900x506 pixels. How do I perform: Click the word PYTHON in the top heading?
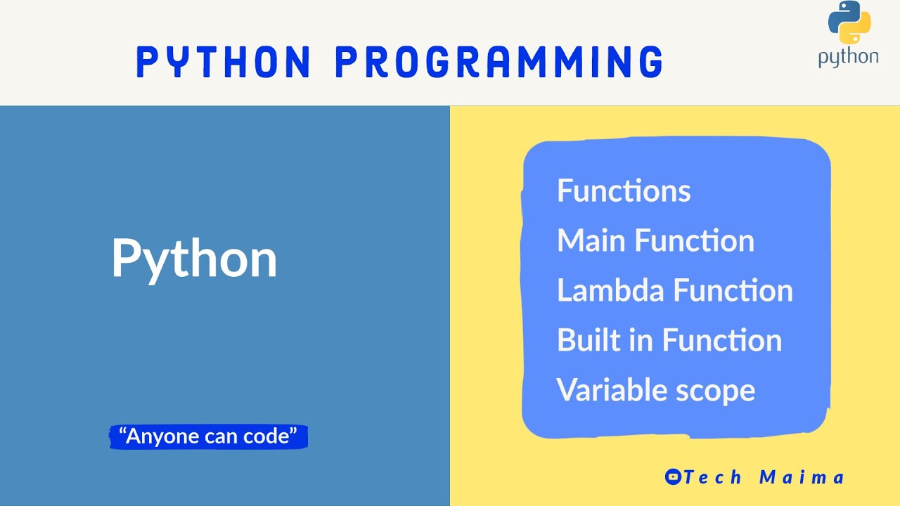click(x=224, y=62)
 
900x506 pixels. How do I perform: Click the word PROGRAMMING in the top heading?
click(x=499, y=62)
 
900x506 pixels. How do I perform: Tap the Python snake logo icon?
click(x=849, y=24)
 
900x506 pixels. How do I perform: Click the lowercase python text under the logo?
click(x=848, y=58)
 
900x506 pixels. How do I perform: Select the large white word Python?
click(x=194, y=259)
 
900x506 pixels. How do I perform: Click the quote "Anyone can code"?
click(x=209, y=436)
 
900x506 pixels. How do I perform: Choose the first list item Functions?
click(x=624, y=191)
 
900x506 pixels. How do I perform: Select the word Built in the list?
click(x=583, y=341)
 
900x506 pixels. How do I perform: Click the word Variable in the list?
click(x=602, y=390)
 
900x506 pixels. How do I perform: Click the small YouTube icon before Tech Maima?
click(x=673, y=477)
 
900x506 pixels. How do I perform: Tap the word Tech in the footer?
click(x=713, y=477)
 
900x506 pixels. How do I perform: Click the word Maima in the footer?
click(x=802, y=477)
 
